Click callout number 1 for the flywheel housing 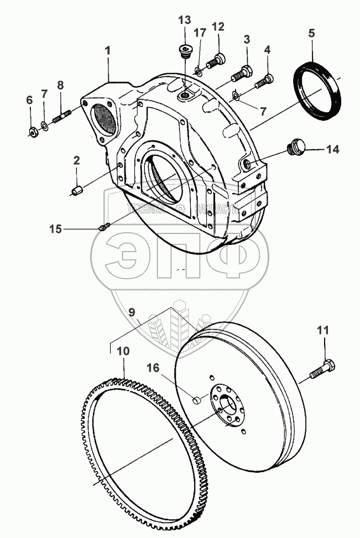(108, 50)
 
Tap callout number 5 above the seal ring (311, 33)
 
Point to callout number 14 (332, 149)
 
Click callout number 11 (323, 331)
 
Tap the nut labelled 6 (33, 132)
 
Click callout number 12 (218, 27)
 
